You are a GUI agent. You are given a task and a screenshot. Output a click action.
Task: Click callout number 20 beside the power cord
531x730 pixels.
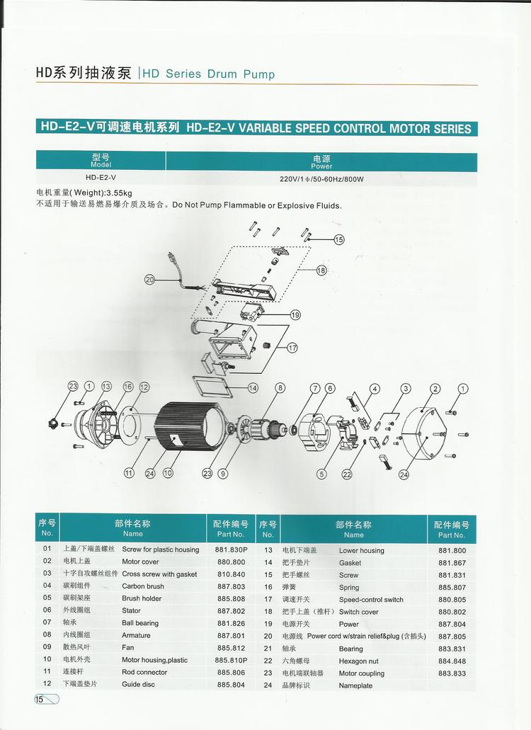pyautogui.click(x=149, y=280)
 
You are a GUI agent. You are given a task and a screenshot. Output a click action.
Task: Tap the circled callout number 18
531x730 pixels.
pyautogui.click(x=321, y=270)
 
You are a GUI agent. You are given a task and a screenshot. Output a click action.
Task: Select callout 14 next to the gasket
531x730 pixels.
pyautogui.click(x=253, y=387)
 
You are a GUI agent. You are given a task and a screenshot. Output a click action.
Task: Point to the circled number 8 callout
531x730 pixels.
pyautogui.click(x=280, y=387)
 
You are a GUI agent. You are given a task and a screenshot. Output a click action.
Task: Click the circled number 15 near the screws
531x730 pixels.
pyautogui.click(x=339, y=239)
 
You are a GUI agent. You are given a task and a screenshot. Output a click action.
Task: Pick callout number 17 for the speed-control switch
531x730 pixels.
pyautogui.click(x=292, y=348)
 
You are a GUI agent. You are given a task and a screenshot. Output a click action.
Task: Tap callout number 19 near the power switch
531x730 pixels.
pyautogui.click(x=295, y=314)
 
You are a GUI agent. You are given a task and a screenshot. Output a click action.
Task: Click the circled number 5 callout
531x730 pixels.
pyautogui.click(x=321, y=474)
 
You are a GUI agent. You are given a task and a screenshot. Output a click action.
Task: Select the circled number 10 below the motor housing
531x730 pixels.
pyautogui.click(x=168, y=472)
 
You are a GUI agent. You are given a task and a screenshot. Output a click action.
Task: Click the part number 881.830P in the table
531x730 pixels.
pyautogui.click(x=231, y=549)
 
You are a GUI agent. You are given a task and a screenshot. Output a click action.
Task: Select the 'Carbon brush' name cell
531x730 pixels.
pyautogui.click(x=143, y=586)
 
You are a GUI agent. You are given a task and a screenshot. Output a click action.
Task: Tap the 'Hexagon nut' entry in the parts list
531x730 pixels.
pyautogui.click(x=359, y=661)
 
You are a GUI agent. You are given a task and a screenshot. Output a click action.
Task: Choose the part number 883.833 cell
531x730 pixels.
pyautogui.click(x=452, y=673)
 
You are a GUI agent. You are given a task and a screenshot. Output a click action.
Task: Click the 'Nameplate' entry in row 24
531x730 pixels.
pyautogui.click(x=355, y=685)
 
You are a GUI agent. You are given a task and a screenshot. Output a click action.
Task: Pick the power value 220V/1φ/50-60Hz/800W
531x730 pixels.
pyautogui.click(x=321, y=178)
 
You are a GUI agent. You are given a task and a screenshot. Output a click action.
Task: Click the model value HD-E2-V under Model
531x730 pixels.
pyautogui.click(x=101, y=178)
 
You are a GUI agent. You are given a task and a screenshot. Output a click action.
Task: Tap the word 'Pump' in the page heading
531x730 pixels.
pyautogui.click(x=259, y=74)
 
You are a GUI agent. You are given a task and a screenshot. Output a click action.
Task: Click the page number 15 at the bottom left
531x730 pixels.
pyautogui.click(x=39, y=699)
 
